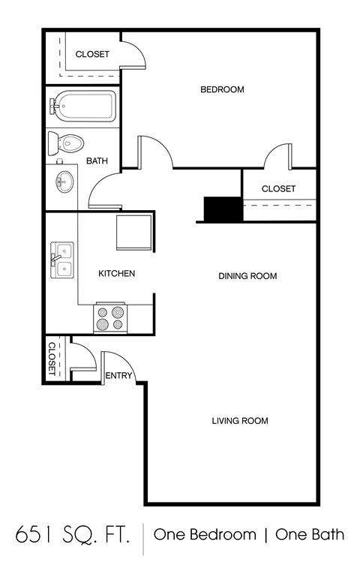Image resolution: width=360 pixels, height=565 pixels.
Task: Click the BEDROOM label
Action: click(x=222, y=90)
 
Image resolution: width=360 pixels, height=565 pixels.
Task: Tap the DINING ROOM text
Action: click(x=247, y=276)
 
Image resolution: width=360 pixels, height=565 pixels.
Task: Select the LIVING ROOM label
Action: click(x=239, y=421)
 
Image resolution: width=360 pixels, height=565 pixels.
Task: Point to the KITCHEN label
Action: click(x=117, y=274)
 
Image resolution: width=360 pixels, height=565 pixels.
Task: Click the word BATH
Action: click(x=97, y=161)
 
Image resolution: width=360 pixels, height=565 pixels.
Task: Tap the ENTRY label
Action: click(x=118, y=376)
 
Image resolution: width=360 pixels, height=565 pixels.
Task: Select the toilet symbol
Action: click(x=65, y=142)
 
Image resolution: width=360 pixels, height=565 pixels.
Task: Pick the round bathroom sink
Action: click(x=64, y=181)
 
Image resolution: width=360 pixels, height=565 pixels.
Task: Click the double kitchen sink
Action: click(x=62, y=260)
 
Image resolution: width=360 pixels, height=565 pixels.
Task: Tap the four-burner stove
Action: click(x=109, y=319)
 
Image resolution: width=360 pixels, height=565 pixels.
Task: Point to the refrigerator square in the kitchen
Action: click(x=133, y=232)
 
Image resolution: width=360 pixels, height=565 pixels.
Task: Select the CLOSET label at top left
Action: click(x=92, y=55)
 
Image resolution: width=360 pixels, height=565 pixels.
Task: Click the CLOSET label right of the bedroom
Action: click(x=278, y=189)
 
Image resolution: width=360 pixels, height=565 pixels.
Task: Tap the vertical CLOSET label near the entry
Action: click(x=52, y=358)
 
